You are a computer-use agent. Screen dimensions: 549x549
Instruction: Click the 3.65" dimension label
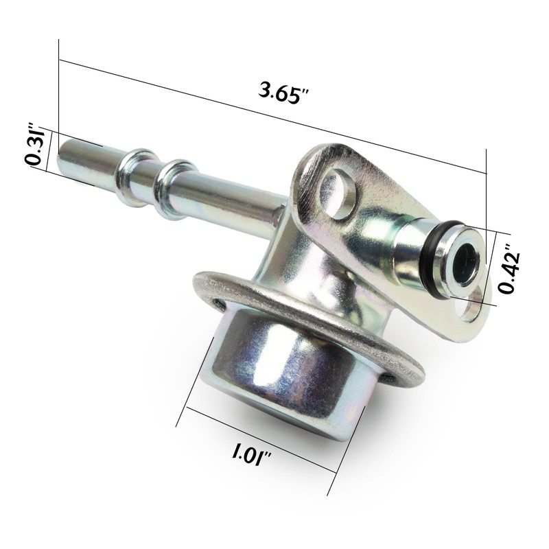coord(284,93)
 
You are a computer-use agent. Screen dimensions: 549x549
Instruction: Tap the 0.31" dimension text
coord(36,144)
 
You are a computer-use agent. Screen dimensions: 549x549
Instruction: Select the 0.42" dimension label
coord(509,268)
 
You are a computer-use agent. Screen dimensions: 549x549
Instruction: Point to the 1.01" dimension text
coord(251,454)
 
